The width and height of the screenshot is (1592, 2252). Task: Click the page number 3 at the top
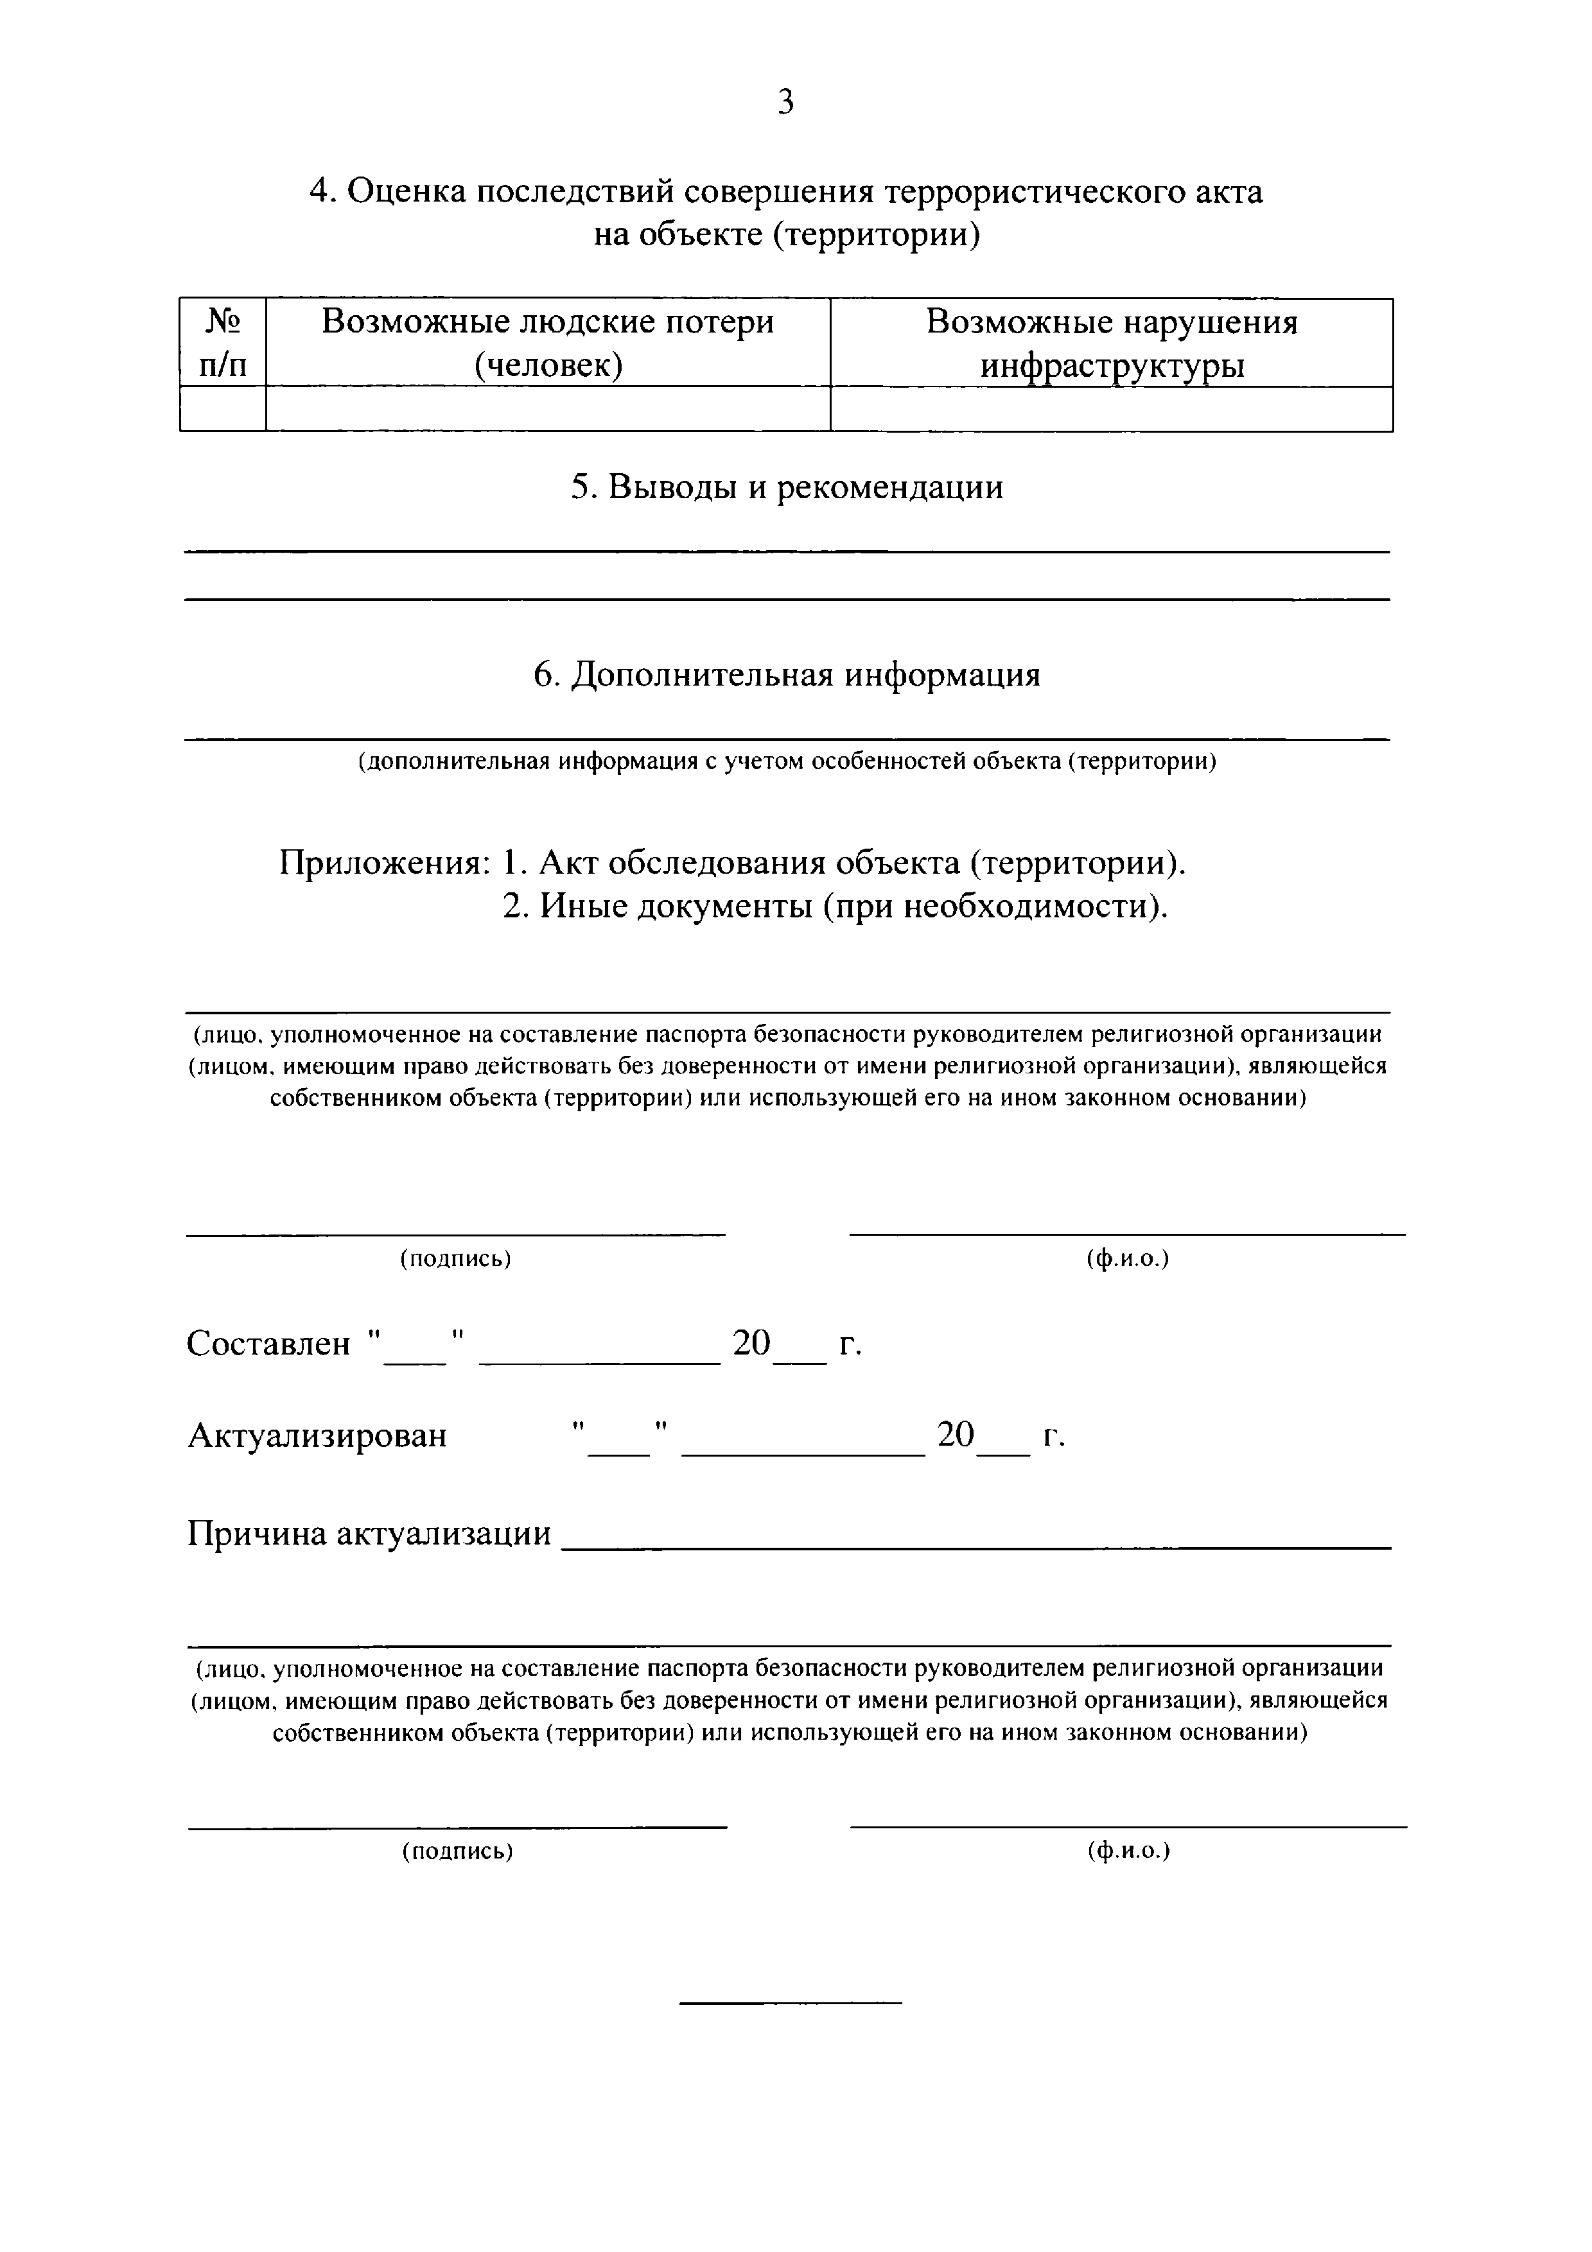(785, 102)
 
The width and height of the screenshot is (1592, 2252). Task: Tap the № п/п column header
(223, 342)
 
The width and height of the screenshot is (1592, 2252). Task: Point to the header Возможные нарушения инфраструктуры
(1112, 342)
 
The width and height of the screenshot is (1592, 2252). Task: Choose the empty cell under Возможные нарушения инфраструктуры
(1112, 409)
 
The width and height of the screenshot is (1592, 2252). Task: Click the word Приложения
(385, 863)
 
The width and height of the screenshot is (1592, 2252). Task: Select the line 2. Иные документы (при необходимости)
(835, 906)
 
